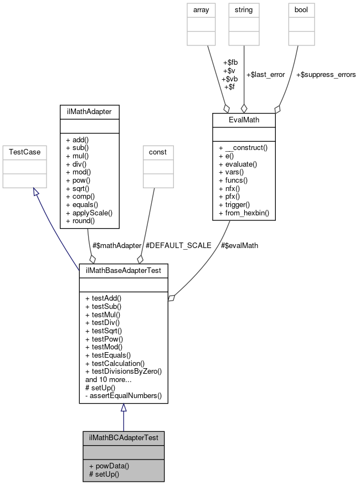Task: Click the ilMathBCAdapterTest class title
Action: pyautogui.click(x=124, y=437)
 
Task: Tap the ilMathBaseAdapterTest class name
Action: pyautogui.click(x=124, y=270)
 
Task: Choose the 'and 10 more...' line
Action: pyautogui.click(x=108, y=379)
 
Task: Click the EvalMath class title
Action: pyautogui.click(x=244, y=119)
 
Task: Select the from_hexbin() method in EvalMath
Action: pyautogui.click(x=244, y=213)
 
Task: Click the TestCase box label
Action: pyautogui.click(x=18, y=151)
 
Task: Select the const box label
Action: pyautogui.click(x=158, y=151)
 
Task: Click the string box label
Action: pyautogui.click(x=244, y=9)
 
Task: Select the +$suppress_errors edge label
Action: pyautogui.click(x=326, y=74)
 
